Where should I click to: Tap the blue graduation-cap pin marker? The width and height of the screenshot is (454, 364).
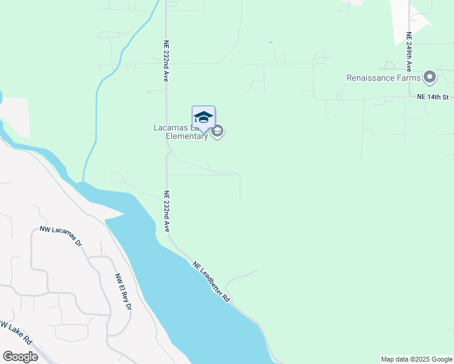(203, 118)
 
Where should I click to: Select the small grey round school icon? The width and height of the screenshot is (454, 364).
(217, 132)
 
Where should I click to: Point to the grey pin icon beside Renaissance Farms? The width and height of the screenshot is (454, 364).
(430, 77)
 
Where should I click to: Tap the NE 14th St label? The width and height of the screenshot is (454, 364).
(432, 97)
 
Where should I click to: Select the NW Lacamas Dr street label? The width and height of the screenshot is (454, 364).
(61, 235)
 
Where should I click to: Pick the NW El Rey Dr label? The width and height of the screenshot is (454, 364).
(123, 292)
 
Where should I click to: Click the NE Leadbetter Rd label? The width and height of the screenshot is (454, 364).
(212, 282)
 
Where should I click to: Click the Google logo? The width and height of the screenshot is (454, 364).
(20, 357)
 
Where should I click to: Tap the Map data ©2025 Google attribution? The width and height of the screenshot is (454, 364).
(416, 359)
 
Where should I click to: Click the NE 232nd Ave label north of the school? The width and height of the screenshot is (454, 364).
(166, 61)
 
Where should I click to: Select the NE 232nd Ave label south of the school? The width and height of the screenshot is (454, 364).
(166, 211)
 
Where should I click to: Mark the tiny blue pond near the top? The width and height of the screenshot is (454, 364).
(271, 42)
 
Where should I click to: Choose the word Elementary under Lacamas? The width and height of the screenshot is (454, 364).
(187, 136)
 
